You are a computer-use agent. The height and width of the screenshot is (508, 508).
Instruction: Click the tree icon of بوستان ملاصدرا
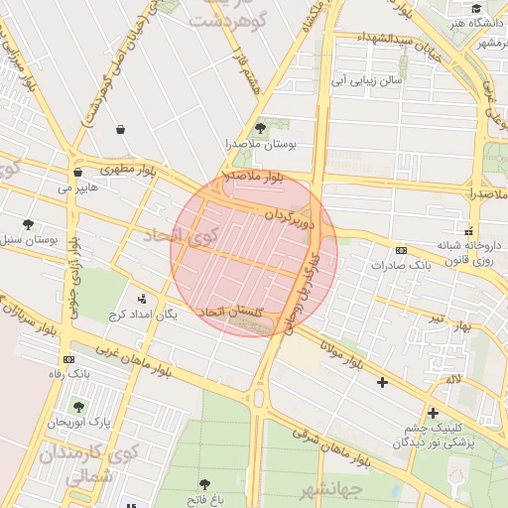pyautogui.click(x=260, y=128)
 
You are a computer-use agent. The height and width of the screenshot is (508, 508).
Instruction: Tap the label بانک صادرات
pyautogui.click(x=398, y=266)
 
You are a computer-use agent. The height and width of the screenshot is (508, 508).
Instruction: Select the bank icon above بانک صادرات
pyautogui.click(x=401, y=250)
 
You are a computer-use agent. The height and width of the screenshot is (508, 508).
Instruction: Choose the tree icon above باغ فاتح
pyautogui.click(x=204, y=484)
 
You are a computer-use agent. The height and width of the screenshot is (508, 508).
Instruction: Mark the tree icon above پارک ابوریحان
pyautogui.click(x=78, y=407)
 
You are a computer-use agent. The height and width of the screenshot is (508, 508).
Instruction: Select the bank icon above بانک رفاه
pyautogui.click(x=68, y=358)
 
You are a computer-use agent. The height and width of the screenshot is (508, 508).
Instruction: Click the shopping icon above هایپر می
pyautogui.click(x=77, y=170)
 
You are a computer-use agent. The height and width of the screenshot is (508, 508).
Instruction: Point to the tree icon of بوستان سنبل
pyautogui.click(x=28, y=224)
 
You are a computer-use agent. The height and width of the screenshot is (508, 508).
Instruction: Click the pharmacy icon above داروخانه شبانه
pyautogui.click(x=468, y=230)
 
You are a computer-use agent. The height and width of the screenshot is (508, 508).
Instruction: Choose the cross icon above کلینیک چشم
pyautogui.click(x=433, y=413)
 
